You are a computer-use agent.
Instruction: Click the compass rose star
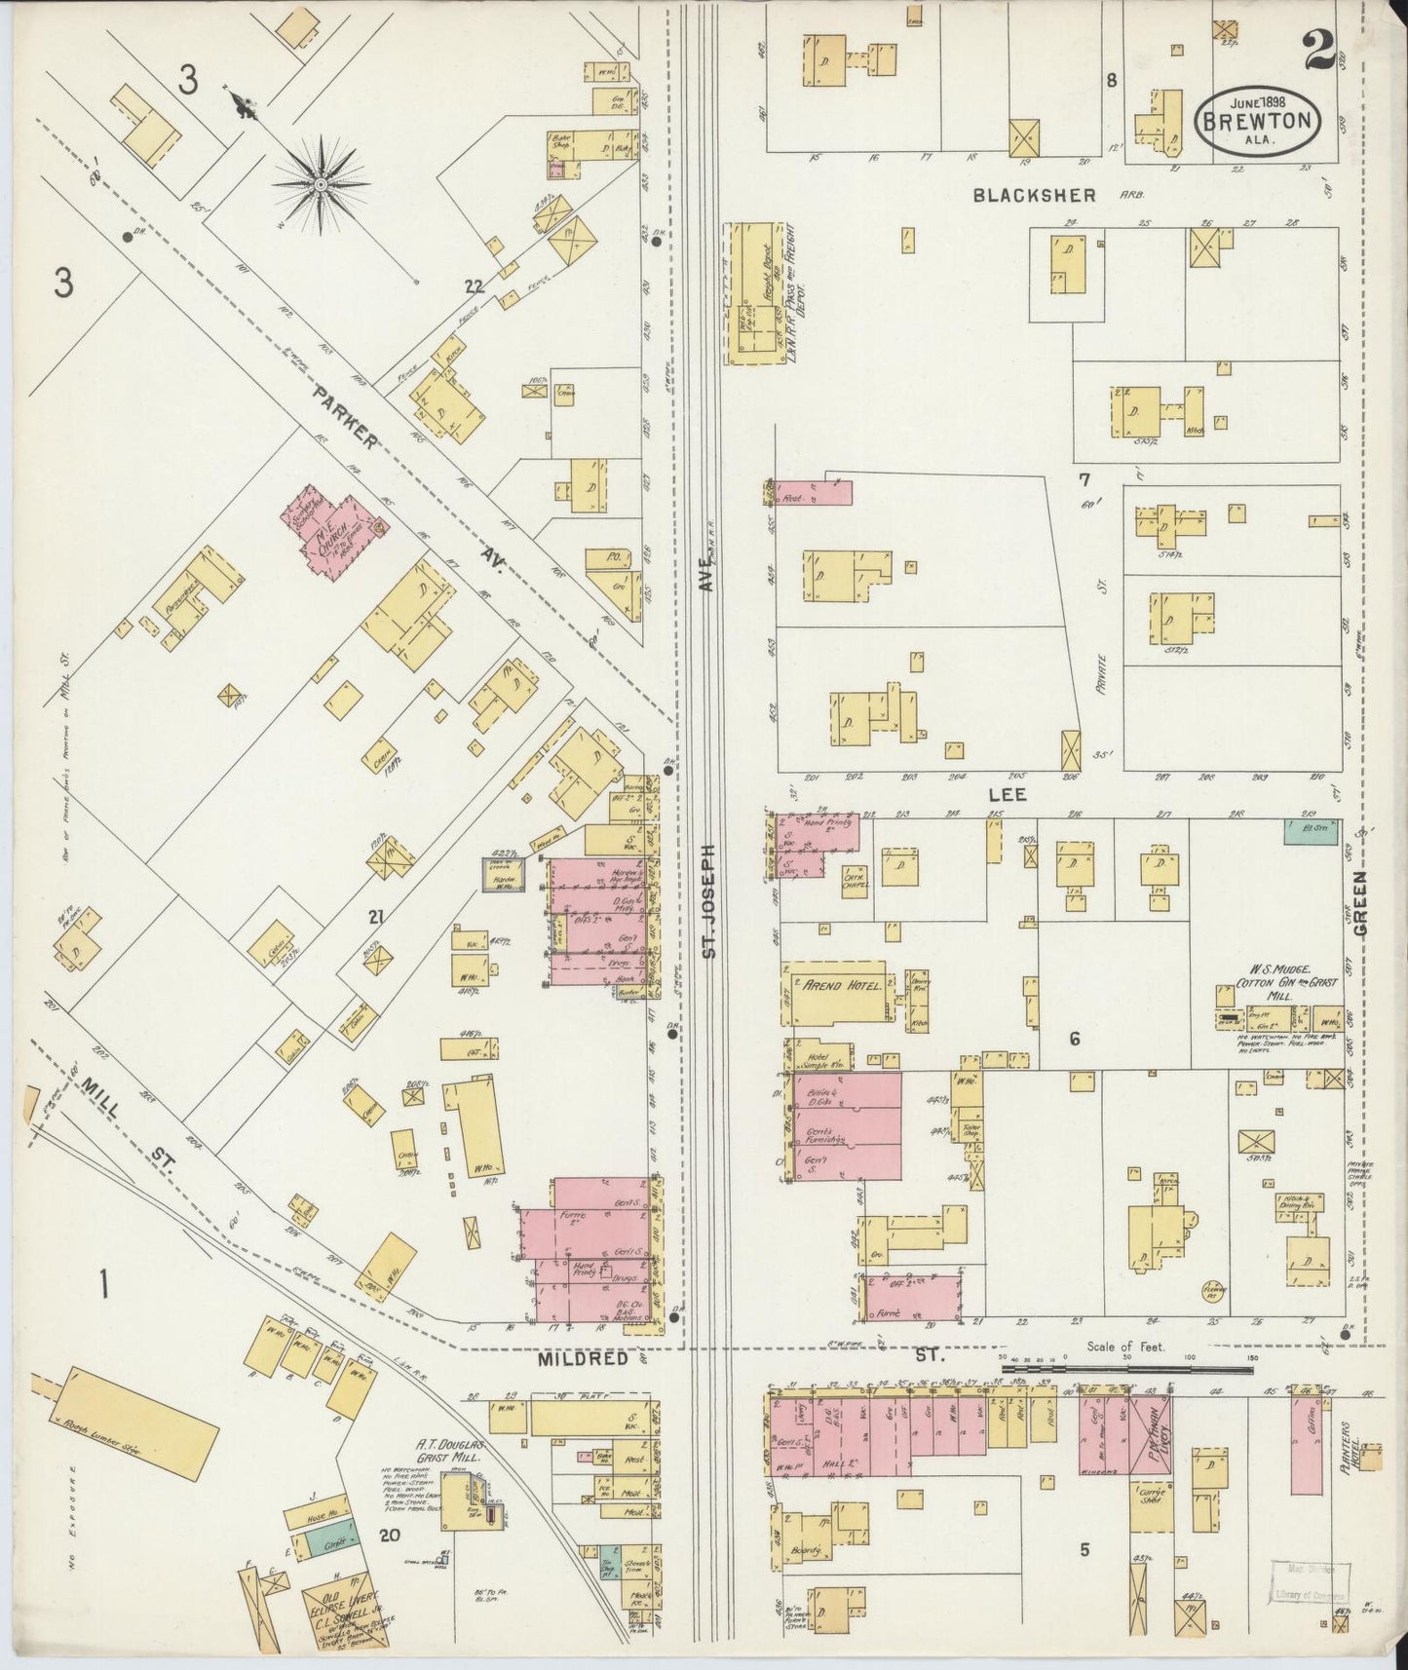tap(321, 181)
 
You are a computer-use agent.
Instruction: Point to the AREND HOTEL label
tap(842, 986)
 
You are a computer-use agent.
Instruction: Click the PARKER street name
tap(345, 416)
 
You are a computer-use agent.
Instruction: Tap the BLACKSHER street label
tap(1035, 196)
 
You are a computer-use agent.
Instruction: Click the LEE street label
tap(1008, 795)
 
